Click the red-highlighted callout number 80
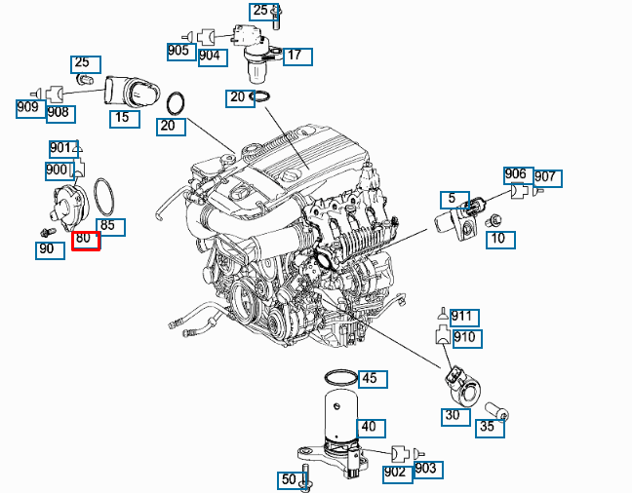[x=86, y=240]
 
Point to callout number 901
[x=61, y=149]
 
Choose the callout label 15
[x=123, y=118]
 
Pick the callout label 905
[x=179, y=52]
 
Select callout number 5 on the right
[x=451, y=200]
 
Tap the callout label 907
[x=546, y=176]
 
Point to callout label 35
[x=489, y=426]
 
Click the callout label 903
[x=427, y=470]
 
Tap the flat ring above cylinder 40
[x=338, y=377]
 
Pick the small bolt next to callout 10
[x=495, y=221]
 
